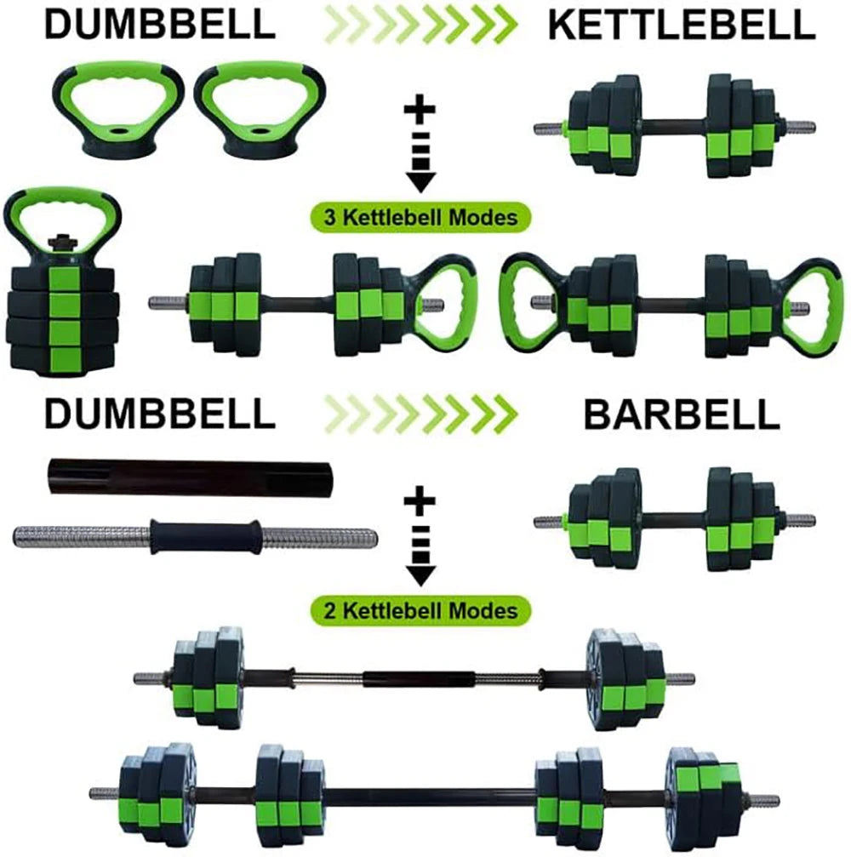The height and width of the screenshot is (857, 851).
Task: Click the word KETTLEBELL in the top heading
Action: pos(682,26)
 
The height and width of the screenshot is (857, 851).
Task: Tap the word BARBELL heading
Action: pos(681,414)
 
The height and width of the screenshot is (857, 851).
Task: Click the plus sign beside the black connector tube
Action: pos(419,502)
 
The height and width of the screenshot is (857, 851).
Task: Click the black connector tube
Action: pos(188,478)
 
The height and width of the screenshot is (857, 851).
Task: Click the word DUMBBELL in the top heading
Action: pos(159,26)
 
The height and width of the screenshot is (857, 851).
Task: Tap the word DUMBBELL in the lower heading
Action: pos(159,414)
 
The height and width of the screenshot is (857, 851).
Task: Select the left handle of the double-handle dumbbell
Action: pos(531,301)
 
